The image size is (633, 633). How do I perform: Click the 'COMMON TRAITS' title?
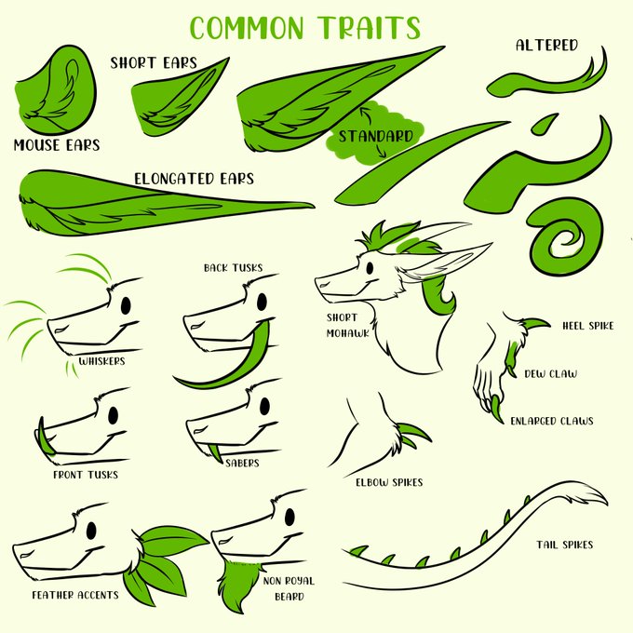click(305, 27)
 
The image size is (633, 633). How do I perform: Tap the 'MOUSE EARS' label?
click(57, 145)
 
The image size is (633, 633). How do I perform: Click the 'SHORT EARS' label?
click(154, 63)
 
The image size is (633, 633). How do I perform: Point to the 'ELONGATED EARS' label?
click(194, 179)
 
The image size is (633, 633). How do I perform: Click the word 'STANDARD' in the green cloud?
click(375, 137)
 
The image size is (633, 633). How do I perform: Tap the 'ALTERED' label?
click(546, 45)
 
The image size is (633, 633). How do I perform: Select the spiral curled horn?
click(565, 240)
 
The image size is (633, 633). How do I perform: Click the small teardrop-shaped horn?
click(545, 124)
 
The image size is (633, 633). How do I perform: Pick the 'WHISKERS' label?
click(101, 361)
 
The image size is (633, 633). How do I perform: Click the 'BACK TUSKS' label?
click(233, 268)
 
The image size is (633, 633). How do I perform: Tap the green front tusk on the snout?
click(46, 437)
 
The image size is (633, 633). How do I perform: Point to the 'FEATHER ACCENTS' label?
click(75, 595)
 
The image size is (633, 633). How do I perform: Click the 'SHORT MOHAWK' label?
click(347, 326)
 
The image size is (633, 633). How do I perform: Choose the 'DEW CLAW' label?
click(551, 374)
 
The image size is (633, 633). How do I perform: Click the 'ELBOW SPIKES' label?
click(389, 482)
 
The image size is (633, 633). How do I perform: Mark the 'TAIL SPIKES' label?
click(565, 545)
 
